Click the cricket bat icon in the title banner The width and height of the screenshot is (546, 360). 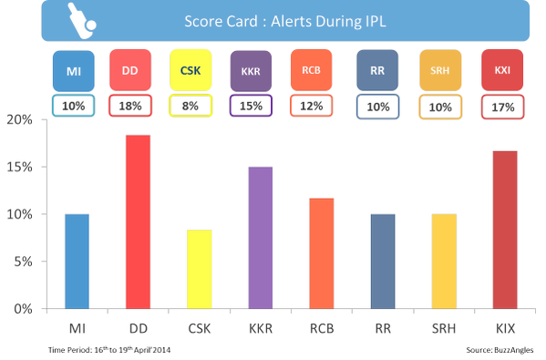(x=81, y=21)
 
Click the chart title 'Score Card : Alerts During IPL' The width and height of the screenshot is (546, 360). (x=285, y=21)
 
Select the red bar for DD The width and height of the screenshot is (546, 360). (x=139, y=221)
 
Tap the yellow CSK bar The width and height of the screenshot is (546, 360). (x=200, y=269)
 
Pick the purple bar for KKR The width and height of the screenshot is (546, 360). (x=261, y=238)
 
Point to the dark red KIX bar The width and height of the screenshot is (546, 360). (x=505, y=230)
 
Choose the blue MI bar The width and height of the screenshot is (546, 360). (x=77, y=262)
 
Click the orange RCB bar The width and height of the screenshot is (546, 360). (x=322, y=253)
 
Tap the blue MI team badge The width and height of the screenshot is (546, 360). (x=74, y=71)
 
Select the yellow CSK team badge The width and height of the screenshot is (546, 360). (x=191, y=70)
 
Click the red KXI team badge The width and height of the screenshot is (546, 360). (x=502, y=70)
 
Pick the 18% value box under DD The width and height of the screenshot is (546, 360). (x=130, y=106)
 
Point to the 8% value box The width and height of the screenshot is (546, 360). (x=191, y=106)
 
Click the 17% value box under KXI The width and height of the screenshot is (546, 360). (x=503, y=107)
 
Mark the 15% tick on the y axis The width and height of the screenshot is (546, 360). (x=45, y=167)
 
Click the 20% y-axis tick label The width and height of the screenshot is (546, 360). (x=19, y=119)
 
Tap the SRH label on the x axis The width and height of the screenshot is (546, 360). (x=444, y=328)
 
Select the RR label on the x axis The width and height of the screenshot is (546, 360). (x=383, y=328)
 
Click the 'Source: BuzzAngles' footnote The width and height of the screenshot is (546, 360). (x=500, y=350)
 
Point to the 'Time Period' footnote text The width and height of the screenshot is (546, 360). (x=109, y=350)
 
